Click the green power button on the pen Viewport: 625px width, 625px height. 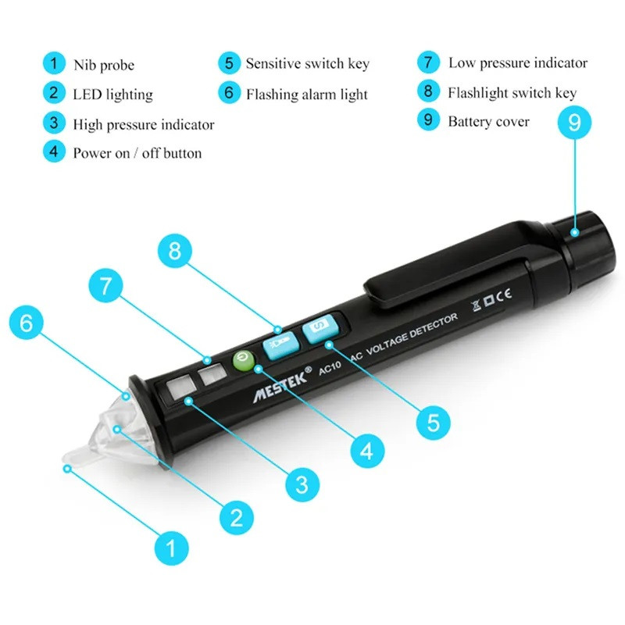pyautogui.click(x=244, y=360)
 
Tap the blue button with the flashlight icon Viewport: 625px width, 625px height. pyautogui.click(x=281, y=345)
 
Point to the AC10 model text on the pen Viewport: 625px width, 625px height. pyautogui.click(x=330, y=367)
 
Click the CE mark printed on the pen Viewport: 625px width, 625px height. pyautogui.click(x=504, y=295)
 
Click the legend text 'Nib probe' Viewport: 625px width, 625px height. pyautogui.click(x=104, y=65)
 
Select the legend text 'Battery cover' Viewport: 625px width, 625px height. pyautogui.click(x=489, y=122)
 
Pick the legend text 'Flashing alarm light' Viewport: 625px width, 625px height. pyautogui.click(x=306, y=95)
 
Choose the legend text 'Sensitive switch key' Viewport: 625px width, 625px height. pyautogui.click(x=307, y=64)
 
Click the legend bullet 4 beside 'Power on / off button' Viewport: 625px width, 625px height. pyautogui.click(x=54, y=152)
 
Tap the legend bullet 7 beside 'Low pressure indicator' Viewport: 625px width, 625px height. pyautogui.click(x=428, y=62)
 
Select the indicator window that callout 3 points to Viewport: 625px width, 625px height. pyautogui.click(x=180, y=387)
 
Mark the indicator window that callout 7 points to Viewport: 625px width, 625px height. pyautogui.click(x=212, y=374)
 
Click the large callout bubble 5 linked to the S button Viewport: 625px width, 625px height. pyautogui.click(x=433, y=423)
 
